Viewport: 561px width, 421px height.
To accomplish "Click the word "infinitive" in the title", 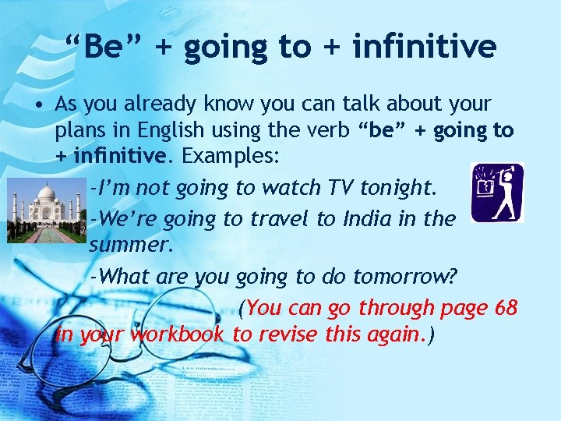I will pyautogui.click(x=424, y=47).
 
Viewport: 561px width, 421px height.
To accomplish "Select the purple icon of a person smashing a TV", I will pyautogui.click(x=498, y=193).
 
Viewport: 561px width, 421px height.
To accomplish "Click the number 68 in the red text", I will pyautogui.click(x=506, y=307).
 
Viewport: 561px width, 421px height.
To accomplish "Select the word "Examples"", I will pyautogui.click(x=230, y=156).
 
